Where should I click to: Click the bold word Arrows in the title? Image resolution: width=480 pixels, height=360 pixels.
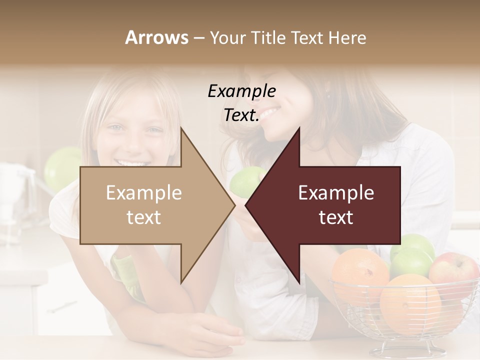(x=157, y=37)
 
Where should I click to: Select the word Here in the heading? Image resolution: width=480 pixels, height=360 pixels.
(x=347, y=37)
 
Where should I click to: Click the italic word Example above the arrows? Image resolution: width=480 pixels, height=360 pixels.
(x=241, y=91)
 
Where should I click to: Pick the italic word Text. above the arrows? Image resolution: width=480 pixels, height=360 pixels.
(x=241, y=115)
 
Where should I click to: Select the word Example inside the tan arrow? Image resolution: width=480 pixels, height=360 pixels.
(x=144, y=192)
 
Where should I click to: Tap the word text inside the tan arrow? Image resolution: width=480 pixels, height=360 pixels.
(x=144, y=217)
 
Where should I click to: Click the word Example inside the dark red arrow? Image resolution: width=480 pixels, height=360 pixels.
(x=336, y=192)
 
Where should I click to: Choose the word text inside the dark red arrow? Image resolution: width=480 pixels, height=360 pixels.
(x=336, y=217)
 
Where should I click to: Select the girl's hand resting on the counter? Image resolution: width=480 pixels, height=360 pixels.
(x=210, y=332)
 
